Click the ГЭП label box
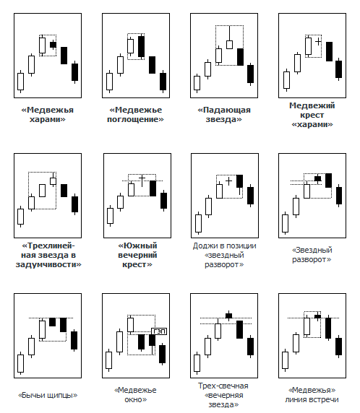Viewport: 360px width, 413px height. click(x=159, y=331)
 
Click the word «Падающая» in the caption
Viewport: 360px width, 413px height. click(x=224, y=110)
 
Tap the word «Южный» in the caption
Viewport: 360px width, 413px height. click(x=137, y=245)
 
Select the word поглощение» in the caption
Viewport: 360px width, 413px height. click(x=135, y=120)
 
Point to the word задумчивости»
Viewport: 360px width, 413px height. click(x=48, y=265)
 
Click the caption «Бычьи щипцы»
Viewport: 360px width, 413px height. click(x=48, y=395)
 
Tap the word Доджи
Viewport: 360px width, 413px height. click(x=204, y=246)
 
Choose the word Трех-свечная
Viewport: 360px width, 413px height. click(x=223, y=386)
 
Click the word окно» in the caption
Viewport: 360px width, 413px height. click(x=136, y=399)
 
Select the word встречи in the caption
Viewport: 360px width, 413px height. click(x=324, y=399)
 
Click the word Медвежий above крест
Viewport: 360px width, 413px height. click(x=312, y=105)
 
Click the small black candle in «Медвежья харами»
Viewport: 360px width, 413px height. click(x=53, y=45)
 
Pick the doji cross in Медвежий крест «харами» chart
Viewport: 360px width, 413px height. click(x=318, y=41)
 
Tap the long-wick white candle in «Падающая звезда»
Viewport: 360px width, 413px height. click(x=229, y=40)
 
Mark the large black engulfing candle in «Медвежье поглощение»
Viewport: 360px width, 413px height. click(x=142, y=46)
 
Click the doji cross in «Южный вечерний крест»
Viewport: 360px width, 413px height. click(x=142, y=181)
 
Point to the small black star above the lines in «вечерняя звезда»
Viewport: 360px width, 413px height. click(x=228, y=316)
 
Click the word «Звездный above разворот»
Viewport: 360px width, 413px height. click(x=312, y=251)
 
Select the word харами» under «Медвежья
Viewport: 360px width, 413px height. click(x=48, y=120)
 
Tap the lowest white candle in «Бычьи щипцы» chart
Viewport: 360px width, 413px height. click(x=20, y=363)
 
